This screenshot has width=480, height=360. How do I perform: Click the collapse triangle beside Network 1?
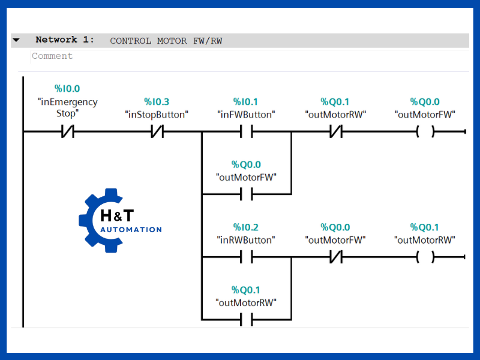click(16, 40)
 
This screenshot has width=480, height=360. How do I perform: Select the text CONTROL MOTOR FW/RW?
click(166, 41)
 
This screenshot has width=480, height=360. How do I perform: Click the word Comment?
click(52, 56)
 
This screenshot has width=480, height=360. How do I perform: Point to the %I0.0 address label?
click(67, 89)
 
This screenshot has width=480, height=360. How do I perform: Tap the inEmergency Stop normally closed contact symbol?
click(67, 131)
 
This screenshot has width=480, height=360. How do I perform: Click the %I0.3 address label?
click(157, 102)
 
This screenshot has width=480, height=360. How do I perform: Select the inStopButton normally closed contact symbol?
click(157, 131)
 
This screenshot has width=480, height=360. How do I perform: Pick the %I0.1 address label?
click(245, 102)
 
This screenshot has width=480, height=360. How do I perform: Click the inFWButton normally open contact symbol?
click(246, 131)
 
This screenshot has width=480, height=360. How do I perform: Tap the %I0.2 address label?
click(245, 227)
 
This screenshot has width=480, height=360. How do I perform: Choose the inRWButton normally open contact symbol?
click(246, 257)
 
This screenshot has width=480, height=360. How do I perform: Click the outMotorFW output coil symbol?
click(425, 131)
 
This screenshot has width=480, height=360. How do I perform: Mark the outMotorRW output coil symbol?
click(425, 257)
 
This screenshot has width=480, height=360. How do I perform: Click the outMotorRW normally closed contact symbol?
click(335, 131)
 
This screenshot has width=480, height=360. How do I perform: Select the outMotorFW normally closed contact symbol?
click(335, 257)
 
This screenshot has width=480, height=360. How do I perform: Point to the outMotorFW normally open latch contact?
click(246, 194)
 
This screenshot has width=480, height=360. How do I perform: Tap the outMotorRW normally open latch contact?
click(246, 320)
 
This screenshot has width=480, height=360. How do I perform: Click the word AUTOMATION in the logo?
click(131, 229)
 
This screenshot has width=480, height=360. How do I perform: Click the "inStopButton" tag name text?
click(157, 114)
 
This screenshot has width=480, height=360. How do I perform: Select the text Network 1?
click(65, 40)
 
